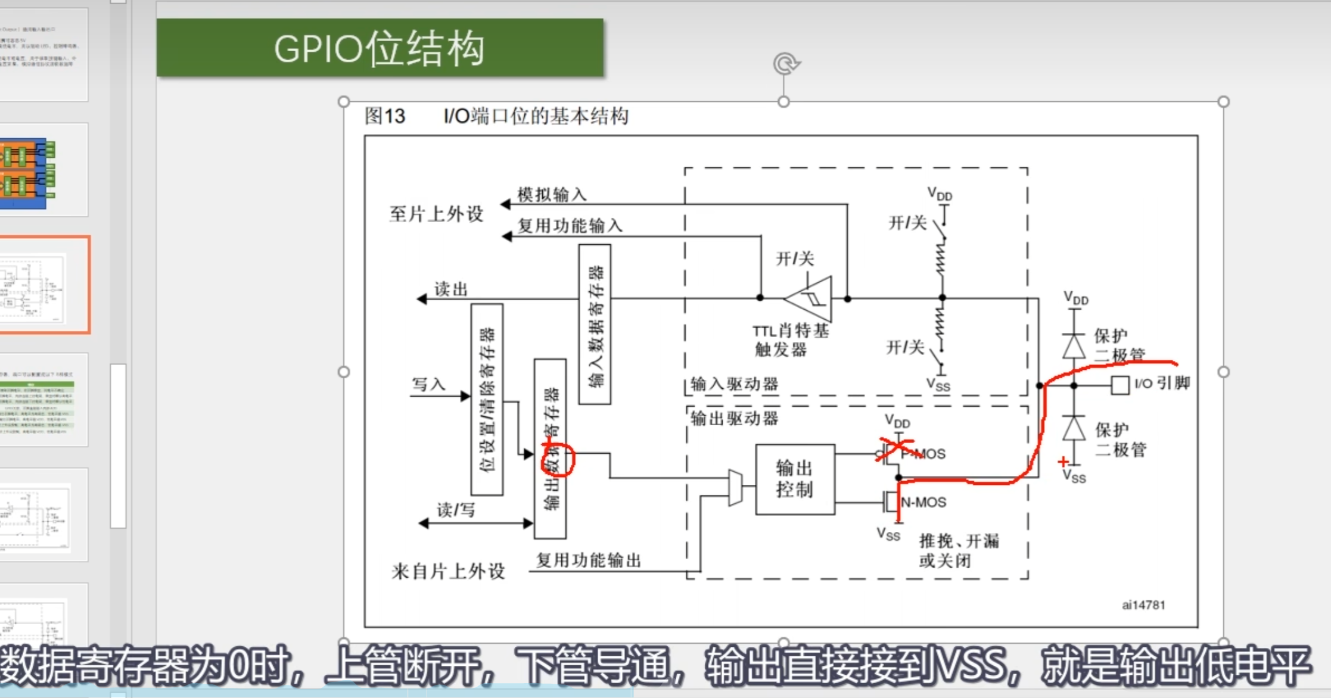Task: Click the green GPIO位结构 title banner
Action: (x=380, y=48)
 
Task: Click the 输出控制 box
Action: (x=795, y=479)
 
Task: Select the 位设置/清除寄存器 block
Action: (x=487, y=399)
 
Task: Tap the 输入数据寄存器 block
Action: (x=595, y=324)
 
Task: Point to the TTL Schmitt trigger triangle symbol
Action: (x=810, y=298)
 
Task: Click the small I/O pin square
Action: (x=1119, y=385)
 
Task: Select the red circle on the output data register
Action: (x=558, y=459)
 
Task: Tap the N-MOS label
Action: (x=923, y=502)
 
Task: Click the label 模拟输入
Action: (x=552, y=194)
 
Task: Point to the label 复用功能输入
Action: (x=570, y=226)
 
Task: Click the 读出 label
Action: (x=451, y=289)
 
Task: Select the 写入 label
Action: (x=428, y=384)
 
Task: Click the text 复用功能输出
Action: (x=589, y=560)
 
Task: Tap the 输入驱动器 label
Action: (x=734, y=384)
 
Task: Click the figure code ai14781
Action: (x=1143, y=605)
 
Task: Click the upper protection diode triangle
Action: (x=1074, y=346)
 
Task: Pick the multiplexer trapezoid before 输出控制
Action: (x=735, y=487)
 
